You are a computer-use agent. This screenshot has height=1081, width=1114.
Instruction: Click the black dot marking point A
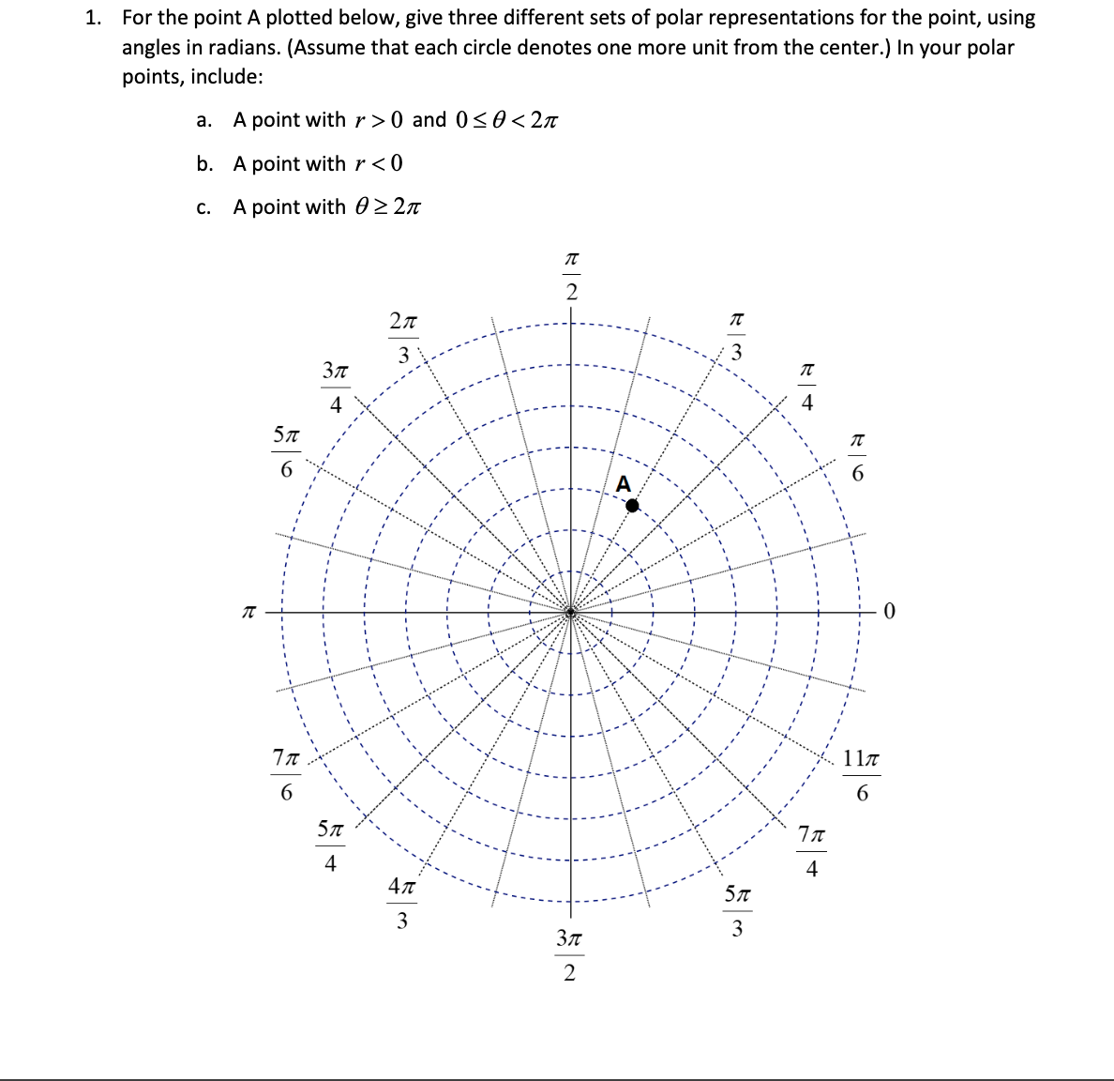pos(632,506)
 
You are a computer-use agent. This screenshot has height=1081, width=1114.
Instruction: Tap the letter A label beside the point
pos(624,484)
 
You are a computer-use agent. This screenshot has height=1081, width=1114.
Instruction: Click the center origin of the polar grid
pos(571,613)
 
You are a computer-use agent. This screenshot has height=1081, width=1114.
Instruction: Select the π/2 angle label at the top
pos(571,275)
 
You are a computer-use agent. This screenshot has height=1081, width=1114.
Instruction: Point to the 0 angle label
pos(890,613)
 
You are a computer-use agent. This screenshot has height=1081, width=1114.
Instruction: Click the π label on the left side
pos(248,613)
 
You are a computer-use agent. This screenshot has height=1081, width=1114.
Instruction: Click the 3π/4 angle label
pos(335,388)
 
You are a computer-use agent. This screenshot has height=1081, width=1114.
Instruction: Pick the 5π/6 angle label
pos(286,451)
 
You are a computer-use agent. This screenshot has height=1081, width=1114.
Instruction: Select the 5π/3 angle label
pos(737,911)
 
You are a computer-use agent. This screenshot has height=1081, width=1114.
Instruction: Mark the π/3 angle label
pos(736,337)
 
